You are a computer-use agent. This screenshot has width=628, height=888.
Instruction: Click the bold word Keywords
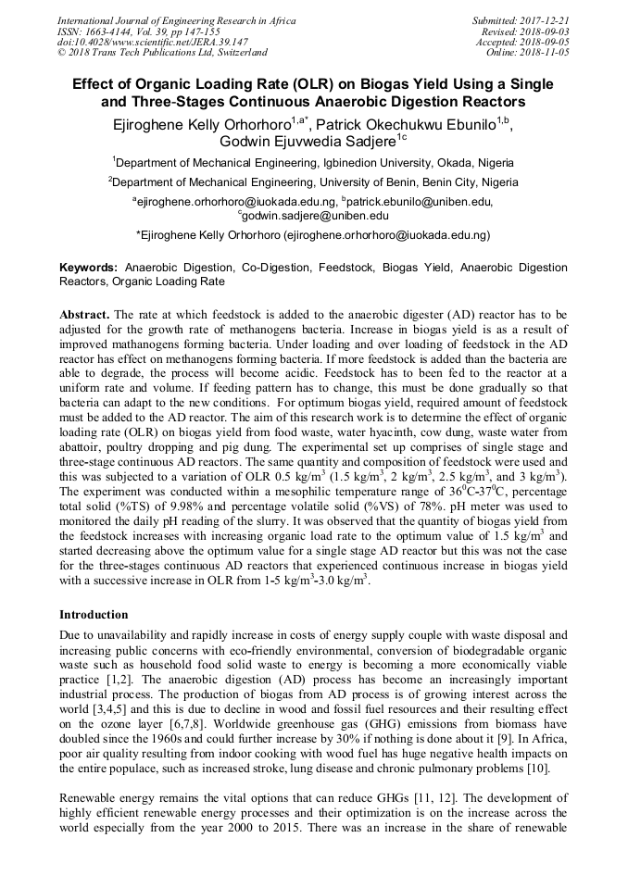[x=88, y=267]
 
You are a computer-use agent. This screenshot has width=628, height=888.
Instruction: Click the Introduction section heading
[x=94, y=615]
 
